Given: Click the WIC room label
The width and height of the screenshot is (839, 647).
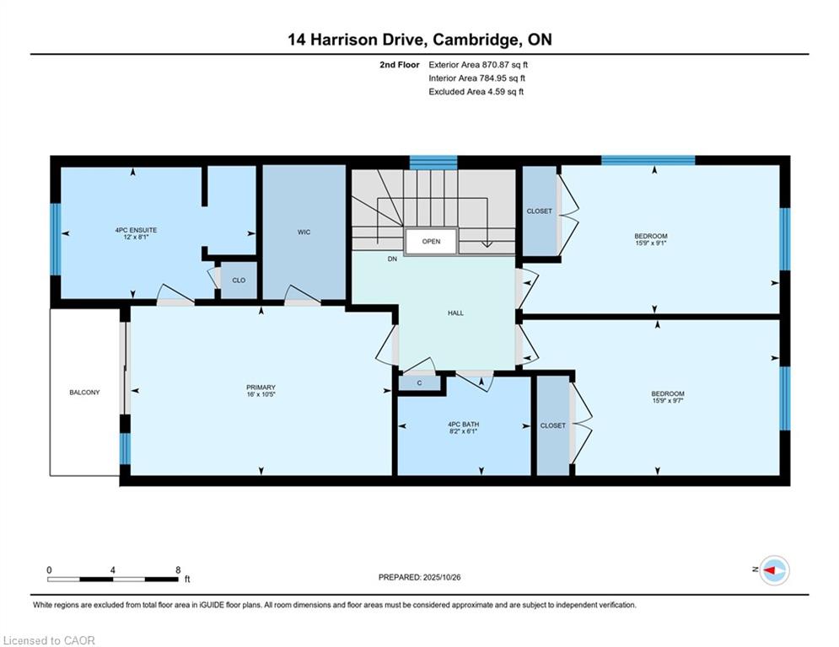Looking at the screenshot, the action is point(304,232).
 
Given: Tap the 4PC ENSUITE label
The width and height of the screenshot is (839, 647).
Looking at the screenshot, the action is point(136,230).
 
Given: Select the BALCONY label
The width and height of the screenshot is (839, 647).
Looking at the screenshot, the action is point(84,392).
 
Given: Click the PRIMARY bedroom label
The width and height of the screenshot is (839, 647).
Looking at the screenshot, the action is point(261,388).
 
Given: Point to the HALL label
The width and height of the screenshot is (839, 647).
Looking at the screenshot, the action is point(456,313).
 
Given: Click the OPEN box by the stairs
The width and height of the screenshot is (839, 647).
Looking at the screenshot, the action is point(431,241).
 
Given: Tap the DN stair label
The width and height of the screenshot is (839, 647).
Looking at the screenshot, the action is point(393,259).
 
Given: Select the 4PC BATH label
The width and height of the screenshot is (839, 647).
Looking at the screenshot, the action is point(464,424).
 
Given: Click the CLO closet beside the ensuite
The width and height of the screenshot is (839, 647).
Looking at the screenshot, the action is point(239,281).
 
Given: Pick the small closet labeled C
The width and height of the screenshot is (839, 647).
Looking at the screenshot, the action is point(420,382).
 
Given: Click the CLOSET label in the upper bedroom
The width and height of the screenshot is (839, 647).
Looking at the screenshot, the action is point(540,211).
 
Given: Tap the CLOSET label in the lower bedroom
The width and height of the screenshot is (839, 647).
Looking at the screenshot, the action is point(553,425).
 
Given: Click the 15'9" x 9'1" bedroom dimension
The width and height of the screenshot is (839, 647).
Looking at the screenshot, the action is point(651,243).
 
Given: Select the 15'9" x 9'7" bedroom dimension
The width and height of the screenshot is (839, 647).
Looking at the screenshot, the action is point(669,400).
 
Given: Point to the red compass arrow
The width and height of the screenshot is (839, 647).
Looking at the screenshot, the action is point(770,570).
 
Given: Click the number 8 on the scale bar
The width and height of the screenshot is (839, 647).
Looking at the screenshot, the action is point(178,570).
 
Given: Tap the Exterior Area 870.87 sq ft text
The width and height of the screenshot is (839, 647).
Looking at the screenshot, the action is point(478,65).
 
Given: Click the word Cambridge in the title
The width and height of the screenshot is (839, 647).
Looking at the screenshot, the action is point(475,40).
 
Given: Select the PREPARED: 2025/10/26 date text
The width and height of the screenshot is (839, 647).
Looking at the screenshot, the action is point(420,577).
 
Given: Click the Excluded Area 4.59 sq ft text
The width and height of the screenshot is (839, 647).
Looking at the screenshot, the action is point(476,92).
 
